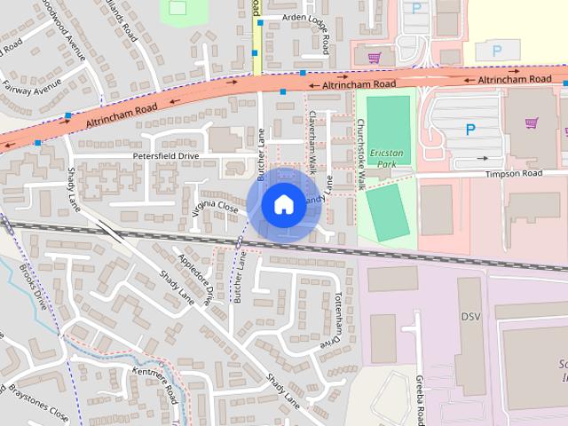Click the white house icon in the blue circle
tap(282, 204)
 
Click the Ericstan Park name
tap(386, 158)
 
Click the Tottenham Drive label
tap(327, 318)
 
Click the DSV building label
tap(469, 317)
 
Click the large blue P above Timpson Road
tap(469, 130)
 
